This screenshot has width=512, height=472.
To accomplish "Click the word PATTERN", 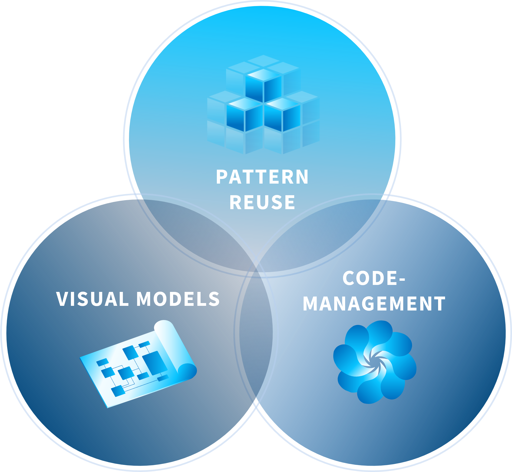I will [x=262, y=177].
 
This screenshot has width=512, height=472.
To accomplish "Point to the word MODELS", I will [x=178, y=299].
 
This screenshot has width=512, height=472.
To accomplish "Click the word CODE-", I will [x=373, y=278].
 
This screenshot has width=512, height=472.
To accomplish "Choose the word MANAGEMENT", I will [x=374, y=304].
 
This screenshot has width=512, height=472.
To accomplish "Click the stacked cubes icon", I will [x=263, y=105].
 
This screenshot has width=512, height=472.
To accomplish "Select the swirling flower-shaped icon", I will [x=375, y=362].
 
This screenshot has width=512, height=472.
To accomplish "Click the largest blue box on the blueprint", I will [x=155, y=363].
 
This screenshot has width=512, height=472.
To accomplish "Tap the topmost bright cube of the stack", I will [x=264, y=84].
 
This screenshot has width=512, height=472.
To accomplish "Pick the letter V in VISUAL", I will [x=62, y=299].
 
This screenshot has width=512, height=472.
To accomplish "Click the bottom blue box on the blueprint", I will [x=118, y=391].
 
